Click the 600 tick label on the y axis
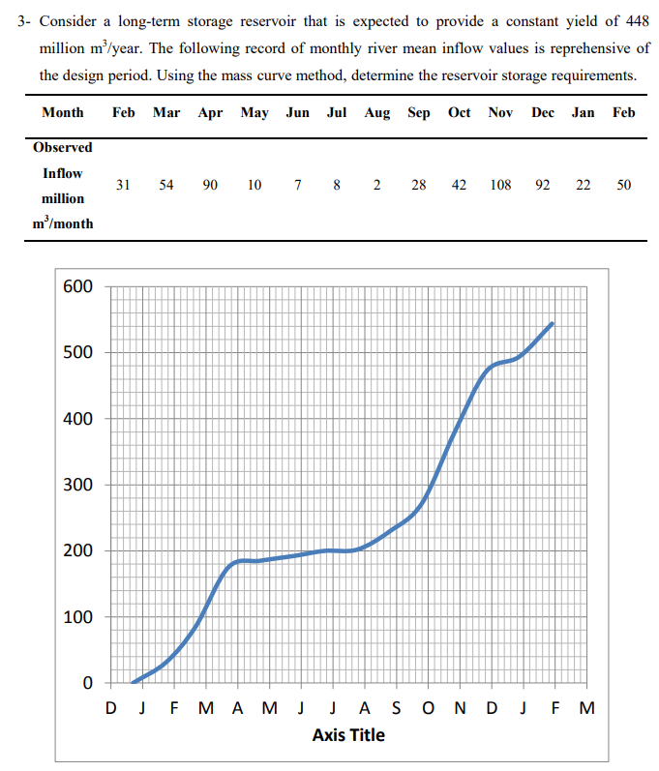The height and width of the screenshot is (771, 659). pos(77,287)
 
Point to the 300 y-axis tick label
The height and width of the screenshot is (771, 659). pos(77,486)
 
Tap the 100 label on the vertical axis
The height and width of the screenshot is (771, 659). pos(77,617)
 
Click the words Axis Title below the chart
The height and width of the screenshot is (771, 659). pos(348,735)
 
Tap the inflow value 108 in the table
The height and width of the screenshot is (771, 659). pos(500,185)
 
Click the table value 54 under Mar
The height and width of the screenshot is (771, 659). pos(165,185)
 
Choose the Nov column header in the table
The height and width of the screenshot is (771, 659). pos(500,113)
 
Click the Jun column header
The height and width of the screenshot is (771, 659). pos(297,113)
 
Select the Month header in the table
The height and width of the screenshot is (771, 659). pos(63,113)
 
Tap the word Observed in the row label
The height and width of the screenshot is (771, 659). pos(63,148)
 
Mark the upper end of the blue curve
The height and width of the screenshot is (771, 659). pos(552,323)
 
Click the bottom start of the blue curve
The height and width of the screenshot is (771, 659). pos(133,682)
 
